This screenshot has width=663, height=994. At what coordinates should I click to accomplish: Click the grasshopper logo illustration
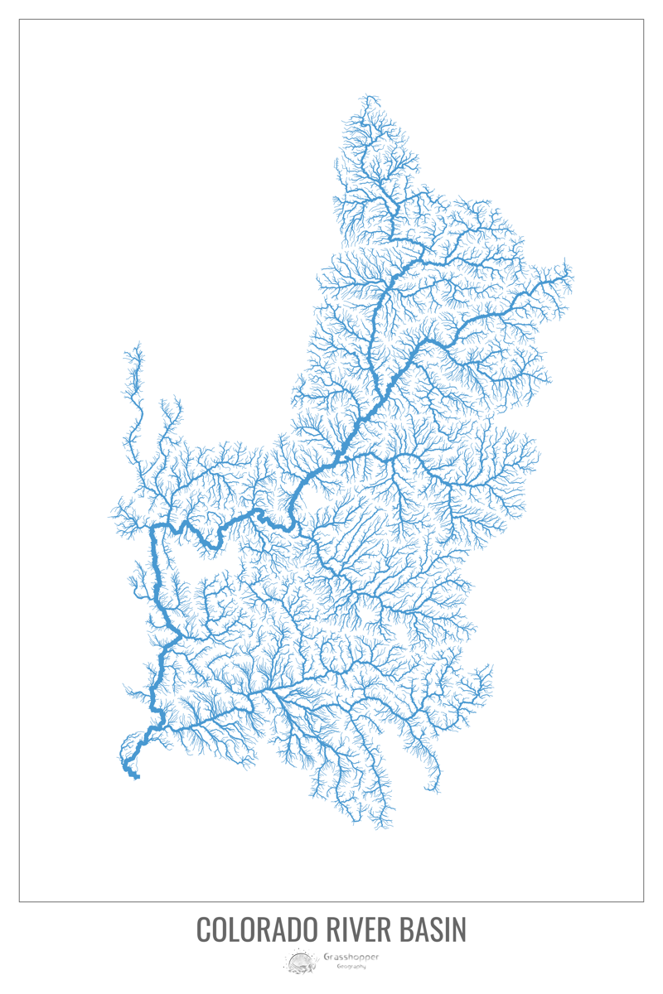tap(300, 962)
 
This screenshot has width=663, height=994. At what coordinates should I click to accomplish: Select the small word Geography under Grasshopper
tap(344, 967)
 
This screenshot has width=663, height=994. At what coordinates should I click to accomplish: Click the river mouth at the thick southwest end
tap(135, 775)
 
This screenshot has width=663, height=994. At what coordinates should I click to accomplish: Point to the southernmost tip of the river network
tap(381, 828)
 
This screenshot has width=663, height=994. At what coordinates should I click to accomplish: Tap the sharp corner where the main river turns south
tap(152, 527)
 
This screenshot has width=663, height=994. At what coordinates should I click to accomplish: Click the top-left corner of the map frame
tap(19, 19)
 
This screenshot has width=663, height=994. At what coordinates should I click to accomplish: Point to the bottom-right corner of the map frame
tap(644, 901)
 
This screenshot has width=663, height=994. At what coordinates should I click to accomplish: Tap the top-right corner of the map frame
tap(644, 19)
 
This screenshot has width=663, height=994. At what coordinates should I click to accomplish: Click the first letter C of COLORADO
tap(203, 929)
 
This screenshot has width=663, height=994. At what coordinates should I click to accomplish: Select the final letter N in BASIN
tap(460, 929)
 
